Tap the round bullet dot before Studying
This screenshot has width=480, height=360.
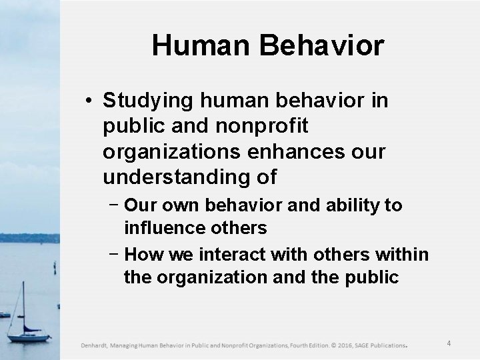coord(89,101)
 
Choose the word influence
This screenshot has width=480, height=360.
coord(169,228)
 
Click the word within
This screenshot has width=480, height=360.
coord(403,254)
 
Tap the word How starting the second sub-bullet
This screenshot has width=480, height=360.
coord(143,254)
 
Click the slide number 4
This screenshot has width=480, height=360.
coord(449,344)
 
